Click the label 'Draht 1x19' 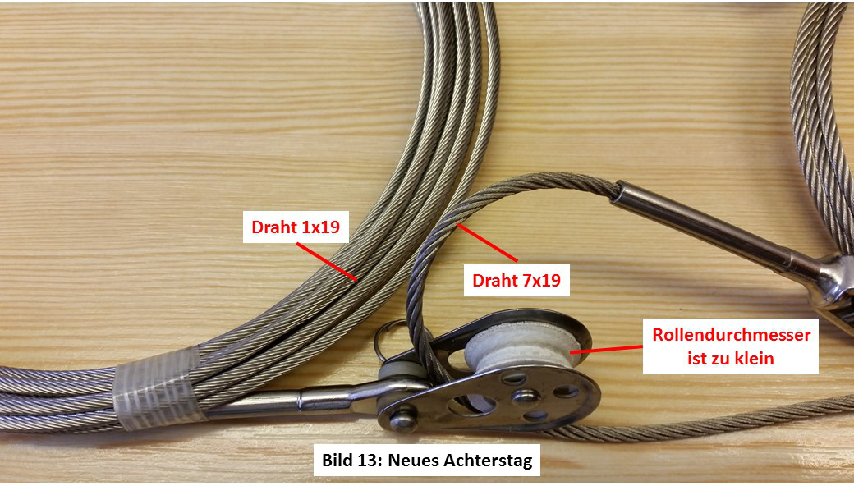click(296, 227)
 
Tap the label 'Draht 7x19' click(517, 280)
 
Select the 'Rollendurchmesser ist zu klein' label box click(731, 346)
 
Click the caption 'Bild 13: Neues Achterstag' click(426, 460)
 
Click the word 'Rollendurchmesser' click(732, 335)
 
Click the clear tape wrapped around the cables click(158, 387)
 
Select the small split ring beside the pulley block click(393, 337)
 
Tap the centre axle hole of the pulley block click(526, 396)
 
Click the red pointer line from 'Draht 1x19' click(327, 262)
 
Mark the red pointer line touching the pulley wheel click(607, 349)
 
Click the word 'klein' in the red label click(751, 359)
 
